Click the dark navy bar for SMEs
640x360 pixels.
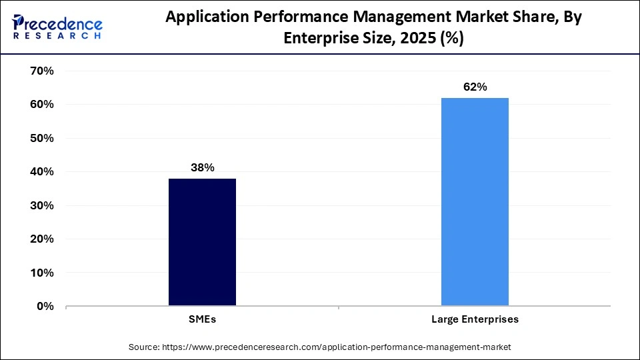[202, 242]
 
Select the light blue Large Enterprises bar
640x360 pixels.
[475, 202]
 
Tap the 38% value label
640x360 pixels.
[202, 167]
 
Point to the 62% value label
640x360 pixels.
[475, 87]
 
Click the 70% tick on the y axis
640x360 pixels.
[42, 71]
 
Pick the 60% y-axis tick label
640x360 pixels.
[42, 105]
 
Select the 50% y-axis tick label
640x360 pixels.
[42, 138]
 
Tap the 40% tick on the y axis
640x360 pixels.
[42, 172]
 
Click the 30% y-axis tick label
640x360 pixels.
[42, 205]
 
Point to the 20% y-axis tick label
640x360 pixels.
[42, 239]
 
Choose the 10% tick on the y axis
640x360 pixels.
[42, 273]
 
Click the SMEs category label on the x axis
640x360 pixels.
[202, 319]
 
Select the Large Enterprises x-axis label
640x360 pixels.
[475, 319]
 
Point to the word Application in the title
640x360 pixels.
[204, 18]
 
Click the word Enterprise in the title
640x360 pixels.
[318, 39]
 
